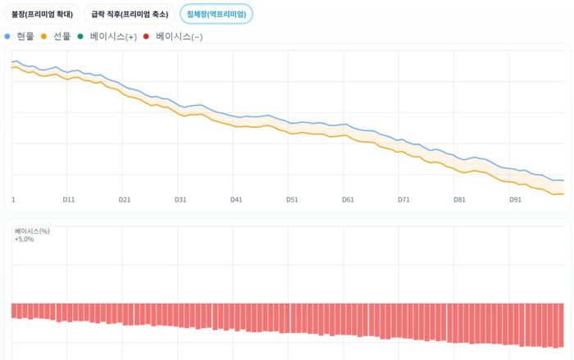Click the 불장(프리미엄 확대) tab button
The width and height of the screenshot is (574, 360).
[x=43, y=14]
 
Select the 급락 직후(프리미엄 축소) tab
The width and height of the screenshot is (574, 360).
[x=130, y=14]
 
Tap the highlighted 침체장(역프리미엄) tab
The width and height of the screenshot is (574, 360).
[x=216, y=14]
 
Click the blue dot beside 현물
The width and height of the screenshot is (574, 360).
[x=7, y=36]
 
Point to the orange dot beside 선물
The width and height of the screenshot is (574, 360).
[x=43, y=36]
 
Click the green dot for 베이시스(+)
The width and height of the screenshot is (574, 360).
[x=80, y=36]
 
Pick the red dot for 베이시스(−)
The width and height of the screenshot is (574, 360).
[x=146, y=36]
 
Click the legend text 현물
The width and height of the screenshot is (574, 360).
[x=25, y=36]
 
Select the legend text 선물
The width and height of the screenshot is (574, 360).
[x=61, y=36]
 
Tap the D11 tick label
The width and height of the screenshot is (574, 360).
[x=69, y=199]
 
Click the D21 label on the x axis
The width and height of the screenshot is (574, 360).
[x=125, y=199]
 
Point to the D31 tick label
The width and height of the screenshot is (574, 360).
[x=180, y=199]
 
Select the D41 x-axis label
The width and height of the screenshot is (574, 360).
[x=236, y=199]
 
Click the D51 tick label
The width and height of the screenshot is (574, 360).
[x=292, y=199]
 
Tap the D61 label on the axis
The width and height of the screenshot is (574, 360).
[x=348, y=199]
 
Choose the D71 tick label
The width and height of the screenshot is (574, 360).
[x=403, y=199]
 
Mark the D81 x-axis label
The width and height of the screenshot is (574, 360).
[x=459, y=199]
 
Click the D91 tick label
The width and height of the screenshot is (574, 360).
[x=515, y=199]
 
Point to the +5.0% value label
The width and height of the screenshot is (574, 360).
[x=25, y=239]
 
